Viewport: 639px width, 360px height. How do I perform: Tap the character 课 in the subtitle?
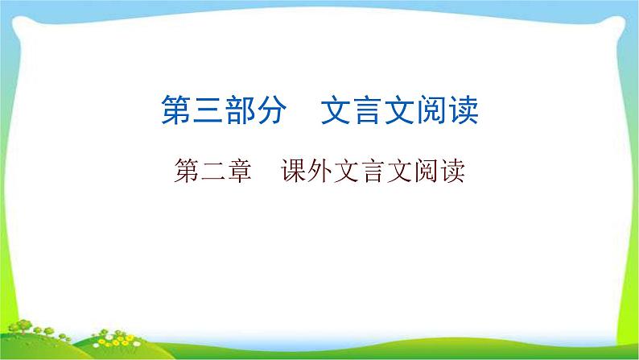294,172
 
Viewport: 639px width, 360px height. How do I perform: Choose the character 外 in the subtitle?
320,172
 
